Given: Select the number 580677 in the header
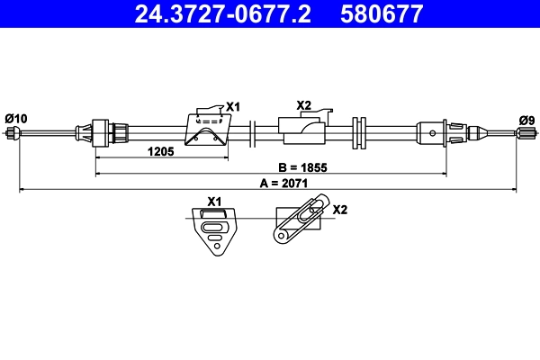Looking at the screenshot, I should pos(382,13).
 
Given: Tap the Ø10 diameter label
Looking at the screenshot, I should pos(16,118).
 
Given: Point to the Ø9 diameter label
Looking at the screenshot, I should pos(526,119).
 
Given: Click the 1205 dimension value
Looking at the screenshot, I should pos(160,151).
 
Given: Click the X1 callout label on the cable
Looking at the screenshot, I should pos(233,107).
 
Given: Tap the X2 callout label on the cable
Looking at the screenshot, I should pos(303,106).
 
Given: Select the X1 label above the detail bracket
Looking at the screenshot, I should pos(214,202).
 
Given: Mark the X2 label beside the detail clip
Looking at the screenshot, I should pos(340,210).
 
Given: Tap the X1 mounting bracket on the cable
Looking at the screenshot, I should pos(205,131).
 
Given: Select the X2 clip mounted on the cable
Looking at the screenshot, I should pos(304,130).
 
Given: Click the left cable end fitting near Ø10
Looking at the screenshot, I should pos(13,134).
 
